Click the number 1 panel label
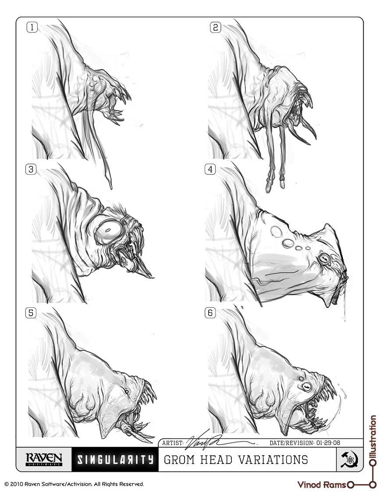pyautogui.click(x=32, y=28)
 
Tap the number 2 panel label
pyautogui.click(x=215, y=28)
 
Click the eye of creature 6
pyautogui.click(x=305, y=386)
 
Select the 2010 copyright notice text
pyautogui.click(x=74, y=484)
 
